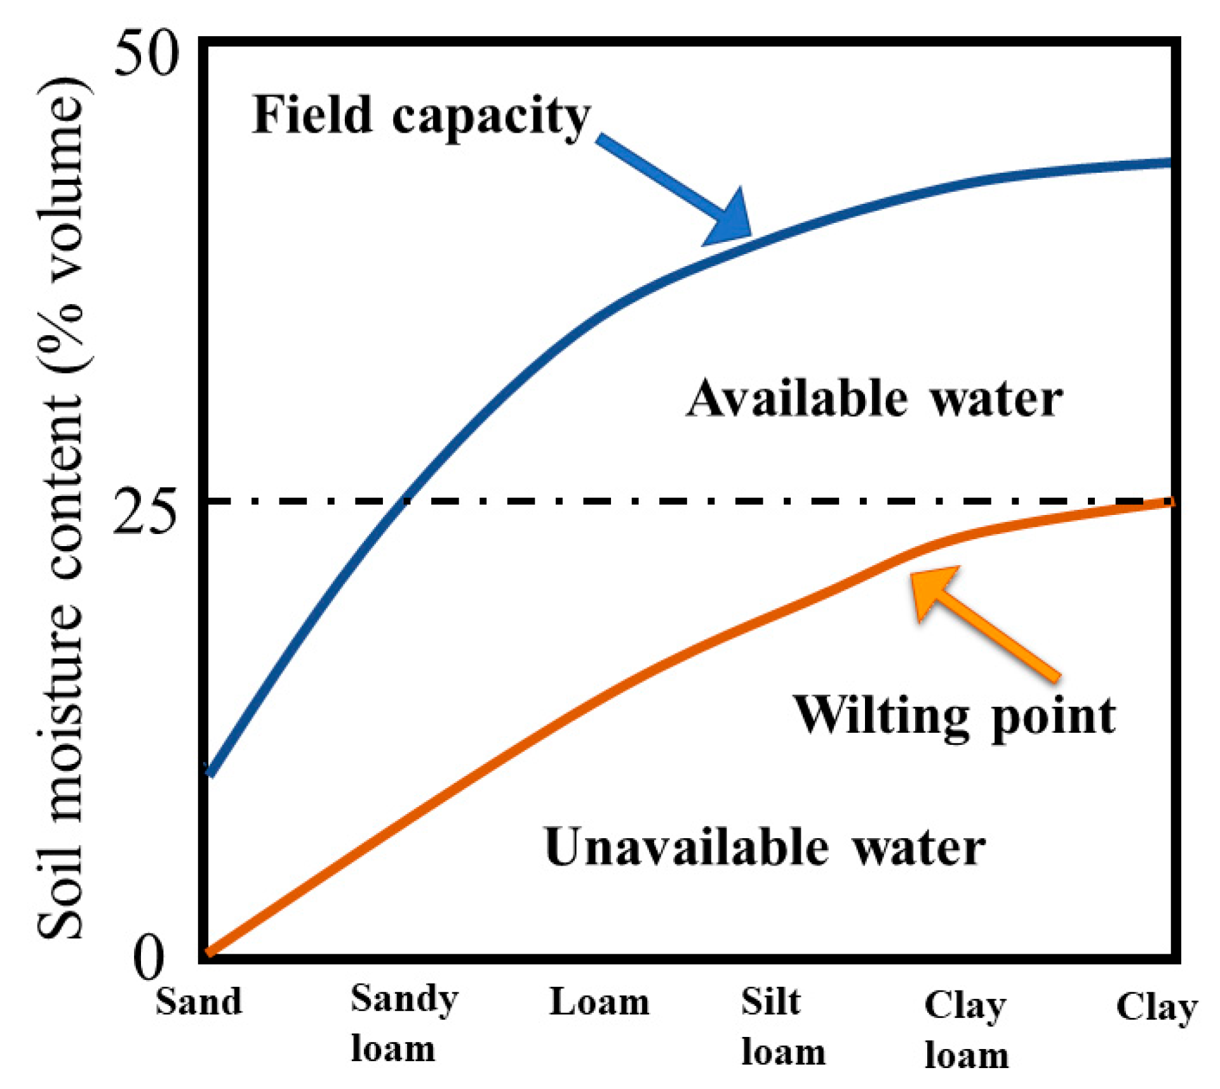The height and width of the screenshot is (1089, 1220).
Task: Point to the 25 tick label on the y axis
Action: [x=145, y=513]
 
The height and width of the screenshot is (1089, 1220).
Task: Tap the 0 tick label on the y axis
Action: [x=150, y=958]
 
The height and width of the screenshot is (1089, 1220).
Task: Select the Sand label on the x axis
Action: [x=199, y=1002]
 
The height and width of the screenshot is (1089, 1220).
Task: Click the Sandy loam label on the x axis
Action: [x=404, y=1024]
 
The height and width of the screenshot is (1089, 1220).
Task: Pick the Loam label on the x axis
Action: [x=599, y=1002]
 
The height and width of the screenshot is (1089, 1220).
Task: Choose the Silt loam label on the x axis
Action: [x=783, y=1026]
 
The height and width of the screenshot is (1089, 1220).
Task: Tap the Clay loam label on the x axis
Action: [x=966, y=1029]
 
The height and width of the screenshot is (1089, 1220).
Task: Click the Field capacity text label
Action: [x=421, y=116]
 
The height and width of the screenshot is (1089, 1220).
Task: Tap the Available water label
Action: [x=874, y=399]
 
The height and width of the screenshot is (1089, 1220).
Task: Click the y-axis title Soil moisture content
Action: [x=60, y=508]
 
